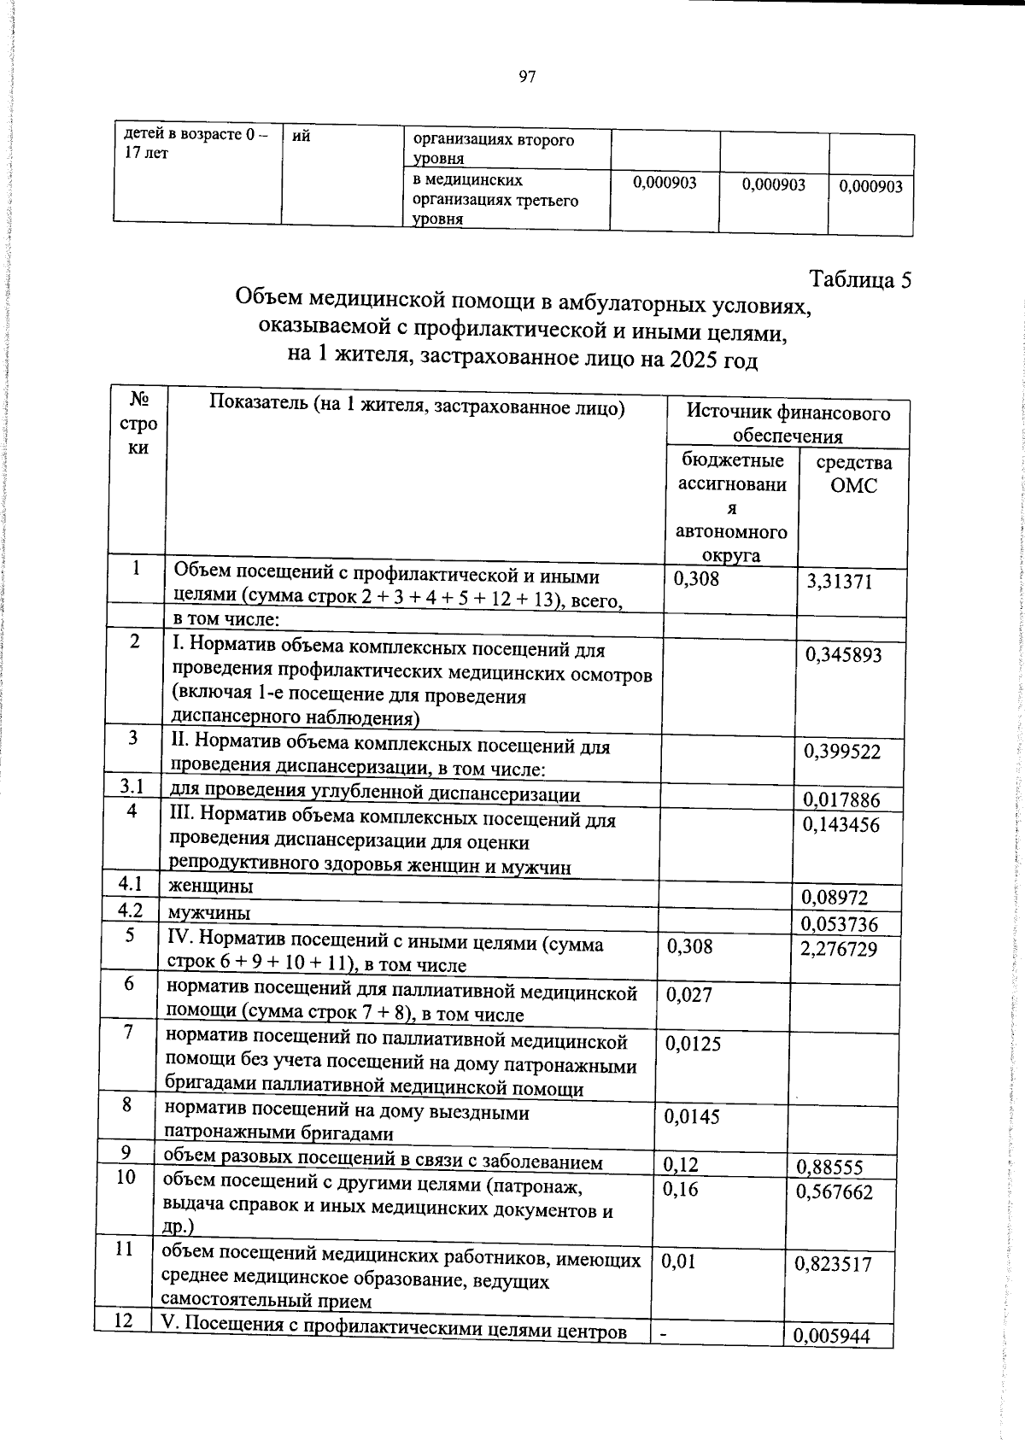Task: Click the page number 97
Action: pyautogui.click(x=527, y=78)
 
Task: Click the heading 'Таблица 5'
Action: pyautogui.click(x=860, y=280)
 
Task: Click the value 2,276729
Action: pyautogui.click(x=839, y=949)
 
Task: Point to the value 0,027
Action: pyautogui.click(x=688, y=994)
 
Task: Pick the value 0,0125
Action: pyautogui.click(x=693, y=1044)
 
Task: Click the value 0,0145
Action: pyautogui.click(x=692, y=1116)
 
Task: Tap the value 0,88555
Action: pyautogui.click(x=829, y=1168)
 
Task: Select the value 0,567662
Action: pyautogui.click(x=835, y=1192)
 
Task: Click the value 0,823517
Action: pyautogui.click(x=833, y=1264)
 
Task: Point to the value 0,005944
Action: pyautogui.click(x=832, y=1337)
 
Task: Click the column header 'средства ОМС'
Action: pyautogui.click(x=853, y=474)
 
